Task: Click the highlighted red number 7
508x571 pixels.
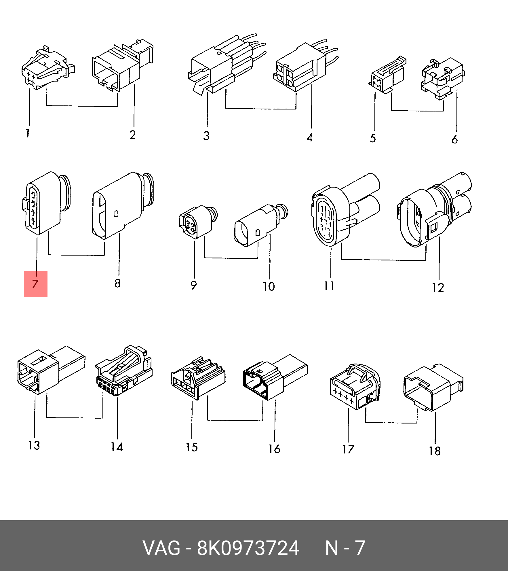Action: pos(35,284)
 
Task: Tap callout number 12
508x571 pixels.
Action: pos(438,288)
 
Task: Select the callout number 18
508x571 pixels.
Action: pos(435,451)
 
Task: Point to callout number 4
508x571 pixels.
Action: pos(310,137)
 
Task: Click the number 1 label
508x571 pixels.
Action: pos(28,133)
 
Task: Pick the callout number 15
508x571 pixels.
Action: pos(192,447)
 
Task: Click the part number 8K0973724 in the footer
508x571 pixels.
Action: pos(248,548)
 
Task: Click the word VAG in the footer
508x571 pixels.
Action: pos(161,548)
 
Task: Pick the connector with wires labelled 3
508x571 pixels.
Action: pos(224,66)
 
